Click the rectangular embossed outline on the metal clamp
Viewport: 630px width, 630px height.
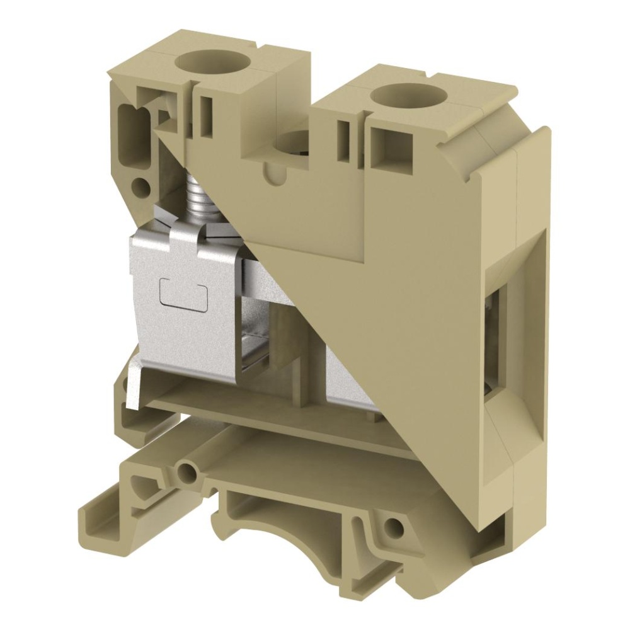click(184, 294)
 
